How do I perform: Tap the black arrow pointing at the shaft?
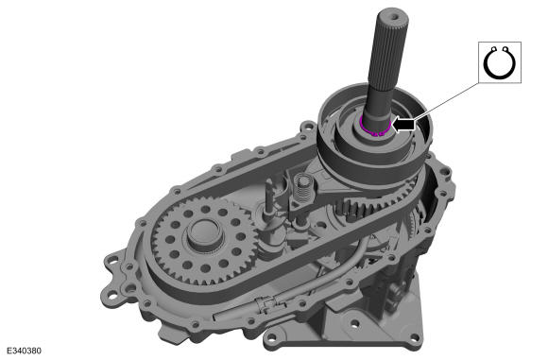[x=404, y=123]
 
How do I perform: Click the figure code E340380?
[x=24, y=351]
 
